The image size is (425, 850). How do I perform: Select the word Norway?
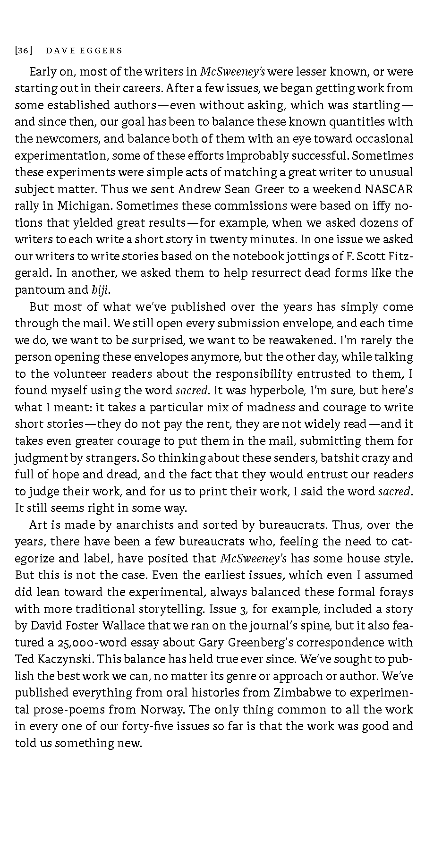click(x=162, y=709)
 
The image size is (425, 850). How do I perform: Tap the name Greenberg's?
click(x=261, y=642)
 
